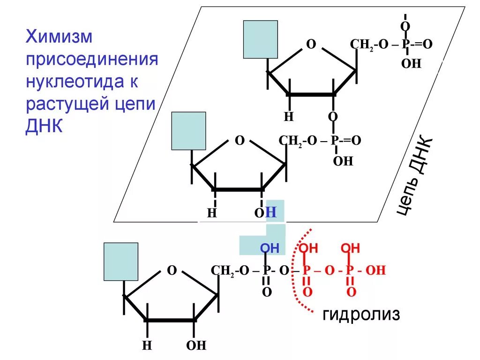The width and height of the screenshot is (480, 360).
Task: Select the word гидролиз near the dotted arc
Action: [x=361, y=315]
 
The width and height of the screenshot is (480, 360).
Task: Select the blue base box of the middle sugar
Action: [x=188, y=131]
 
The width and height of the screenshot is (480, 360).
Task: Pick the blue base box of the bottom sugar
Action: [x=120, y=261]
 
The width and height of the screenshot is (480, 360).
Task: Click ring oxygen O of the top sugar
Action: [x=310, y=45]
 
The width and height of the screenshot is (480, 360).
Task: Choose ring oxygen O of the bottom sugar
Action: [x=172, y=270]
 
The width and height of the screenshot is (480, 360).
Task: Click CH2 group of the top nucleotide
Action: [x=361, y=45]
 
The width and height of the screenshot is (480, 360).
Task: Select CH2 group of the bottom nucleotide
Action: [x=223, y=271]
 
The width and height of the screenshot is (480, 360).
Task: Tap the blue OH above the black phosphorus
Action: [x=270, y=248]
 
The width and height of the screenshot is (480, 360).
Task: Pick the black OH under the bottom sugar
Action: [x=196, y=346]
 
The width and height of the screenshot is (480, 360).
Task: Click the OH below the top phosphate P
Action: [x=411, y=64]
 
